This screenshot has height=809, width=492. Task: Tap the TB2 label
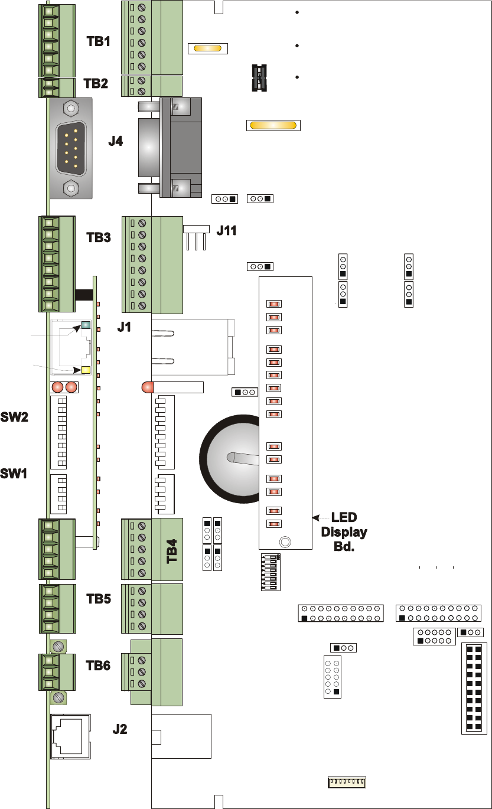click(x=96, y=83)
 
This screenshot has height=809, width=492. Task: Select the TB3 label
click(x=99, y=237)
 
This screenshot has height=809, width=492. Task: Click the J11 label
click(x=226, y=230)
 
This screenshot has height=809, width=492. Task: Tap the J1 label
click(x=124, y=327)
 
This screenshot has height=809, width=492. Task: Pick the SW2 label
click(x=14, y=417)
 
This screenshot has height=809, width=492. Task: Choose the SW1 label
click(x=14, y=473)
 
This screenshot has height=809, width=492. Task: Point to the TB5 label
click(x=99, y=599)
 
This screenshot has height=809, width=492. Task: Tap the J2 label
click(x=120, y=729)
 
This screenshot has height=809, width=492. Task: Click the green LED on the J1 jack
click(x=86, y=325)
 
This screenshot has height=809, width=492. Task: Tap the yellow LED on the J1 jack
click(x=85, y=370)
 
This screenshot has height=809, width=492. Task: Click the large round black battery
click(x=230, y=458)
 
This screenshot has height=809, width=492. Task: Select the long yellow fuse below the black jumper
click(x=273, y=125)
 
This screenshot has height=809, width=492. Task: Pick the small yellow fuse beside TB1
click(x=207, y=48)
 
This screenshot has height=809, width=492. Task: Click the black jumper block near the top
click(x=258, y=77)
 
